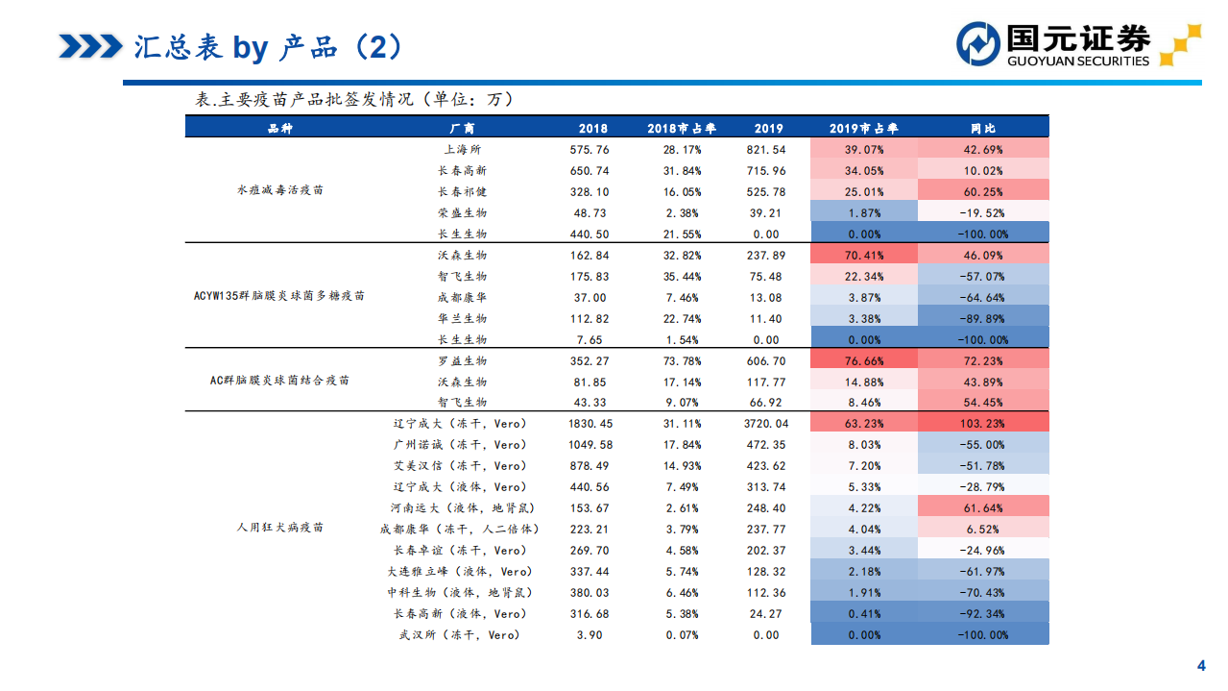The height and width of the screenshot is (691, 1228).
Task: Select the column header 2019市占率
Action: pos(863,129)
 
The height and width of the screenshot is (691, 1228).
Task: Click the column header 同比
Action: pos(983,129)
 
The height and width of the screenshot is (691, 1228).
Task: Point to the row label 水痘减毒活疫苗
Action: pos(280,191)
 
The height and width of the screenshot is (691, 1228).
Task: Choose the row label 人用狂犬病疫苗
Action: pos(280,529)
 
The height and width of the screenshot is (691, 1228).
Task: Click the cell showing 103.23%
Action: pos(983,424)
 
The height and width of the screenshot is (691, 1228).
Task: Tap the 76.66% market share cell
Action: pos(863,361)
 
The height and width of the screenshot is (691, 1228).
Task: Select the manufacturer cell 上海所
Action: pos(462,150)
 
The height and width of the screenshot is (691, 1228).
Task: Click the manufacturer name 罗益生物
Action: pos(462,361)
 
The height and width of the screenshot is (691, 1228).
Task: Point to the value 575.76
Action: pos(589,150)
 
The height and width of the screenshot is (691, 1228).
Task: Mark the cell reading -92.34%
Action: pos(983,614)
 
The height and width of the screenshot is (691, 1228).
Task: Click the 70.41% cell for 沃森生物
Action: pos(863,256)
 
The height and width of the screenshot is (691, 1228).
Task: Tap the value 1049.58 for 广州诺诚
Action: pos(589,445)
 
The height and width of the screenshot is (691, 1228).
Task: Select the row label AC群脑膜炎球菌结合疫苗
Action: pos(280,382)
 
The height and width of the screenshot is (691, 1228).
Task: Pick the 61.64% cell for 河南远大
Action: pos(983,508)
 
